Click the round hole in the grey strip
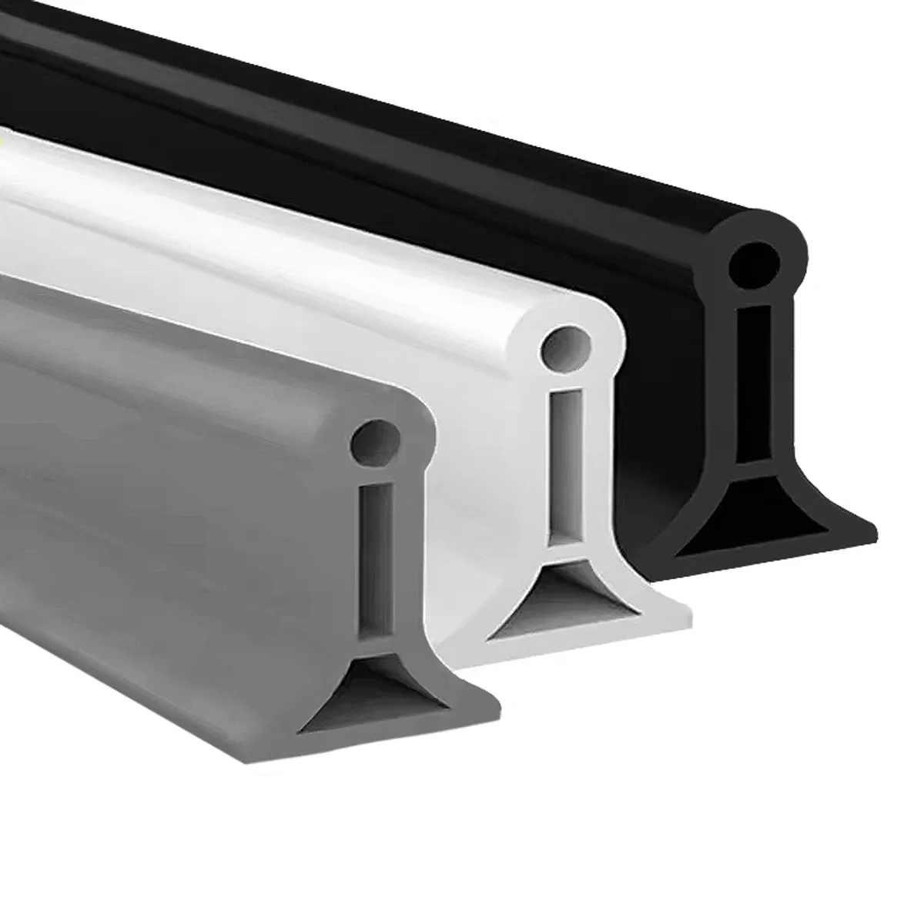point(372,439)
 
